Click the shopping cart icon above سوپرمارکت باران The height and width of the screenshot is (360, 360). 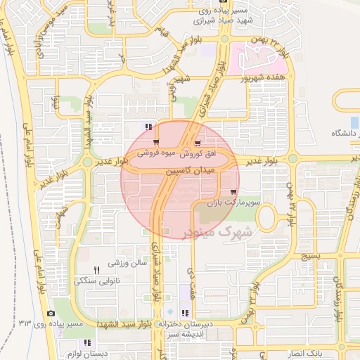pos(233,191)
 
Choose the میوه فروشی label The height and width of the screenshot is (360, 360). pos(156,153)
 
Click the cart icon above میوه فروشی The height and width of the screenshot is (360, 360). pos(156,142)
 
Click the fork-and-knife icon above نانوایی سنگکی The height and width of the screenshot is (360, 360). pos(97,270)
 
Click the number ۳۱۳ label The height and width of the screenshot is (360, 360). pos(26,323)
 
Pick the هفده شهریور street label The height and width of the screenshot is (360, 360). pos(263,77)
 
